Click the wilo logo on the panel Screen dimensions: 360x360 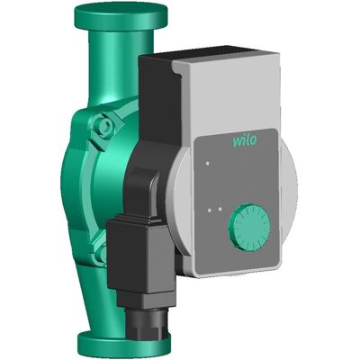pyautogui.click(x=245, y=140)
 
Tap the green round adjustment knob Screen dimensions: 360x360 pyautogui.click(x=248, y=227)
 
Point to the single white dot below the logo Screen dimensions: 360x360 pyautogui.click(x=207, y=164)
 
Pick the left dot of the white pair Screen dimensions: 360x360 pyautogui.click(x=210, y=210)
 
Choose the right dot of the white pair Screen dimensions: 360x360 pyautogui.click(x=220, y=209)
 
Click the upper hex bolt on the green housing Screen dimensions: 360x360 pyautogui.click(x=104, y=125)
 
